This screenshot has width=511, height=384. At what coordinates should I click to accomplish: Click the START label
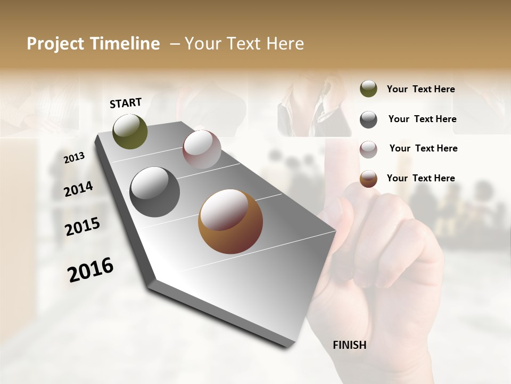[x=126, y=103]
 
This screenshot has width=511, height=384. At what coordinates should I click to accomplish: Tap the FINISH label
[x=349, y=345]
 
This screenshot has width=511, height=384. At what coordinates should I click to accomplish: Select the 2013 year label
[x=75, y=157]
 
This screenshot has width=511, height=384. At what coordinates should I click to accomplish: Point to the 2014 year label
[x=79, y=189]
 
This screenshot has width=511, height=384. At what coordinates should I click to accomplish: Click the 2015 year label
[x=83, y=227]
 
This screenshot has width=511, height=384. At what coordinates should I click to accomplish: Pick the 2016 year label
[x=90, y=269]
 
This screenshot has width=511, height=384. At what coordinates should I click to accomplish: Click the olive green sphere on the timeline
[x=130, y=131]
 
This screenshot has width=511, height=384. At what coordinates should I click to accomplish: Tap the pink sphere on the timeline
[x=202, y=149]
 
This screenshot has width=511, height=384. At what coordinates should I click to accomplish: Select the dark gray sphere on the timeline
[x=154, y=191]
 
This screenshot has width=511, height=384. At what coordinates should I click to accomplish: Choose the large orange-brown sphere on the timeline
[x=230, y=221]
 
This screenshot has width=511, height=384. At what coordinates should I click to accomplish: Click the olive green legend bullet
[x=368, y=89]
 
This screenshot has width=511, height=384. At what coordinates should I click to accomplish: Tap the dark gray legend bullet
[x=368, y=119]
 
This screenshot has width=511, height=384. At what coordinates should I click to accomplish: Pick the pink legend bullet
[x=368, y=149]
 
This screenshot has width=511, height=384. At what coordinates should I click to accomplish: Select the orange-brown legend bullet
[x=368, y=179]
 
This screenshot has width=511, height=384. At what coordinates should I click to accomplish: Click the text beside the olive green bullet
[x=421, y=89]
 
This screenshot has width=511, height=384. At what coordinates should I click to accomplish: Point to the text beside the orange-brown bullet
[x=421, y=178]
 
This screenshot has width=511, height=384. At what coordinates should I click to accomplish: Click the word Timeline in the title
[x=122, y=44]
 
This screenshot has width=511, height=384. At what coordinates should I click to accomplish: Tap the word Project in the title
[x=55, y=44]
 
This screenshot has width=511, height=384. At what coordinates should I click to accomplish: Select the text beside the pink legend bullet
[x=423, y=148]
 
